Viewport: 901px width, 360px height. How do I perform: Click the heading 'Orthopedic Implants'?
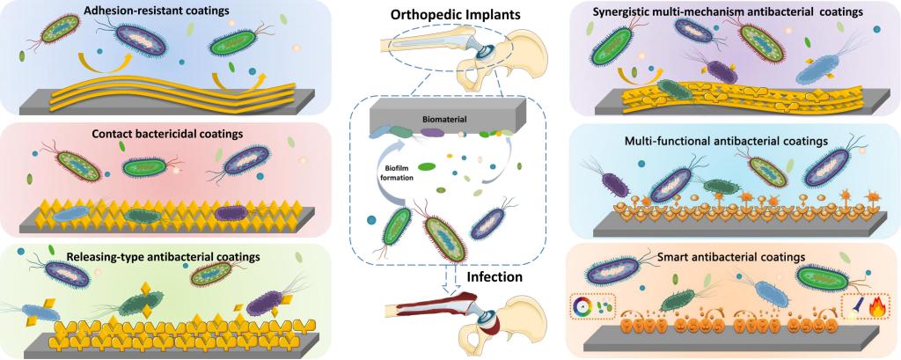450,16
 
